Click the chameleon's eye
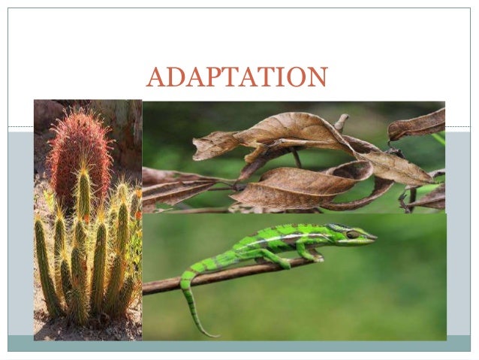point(352,234)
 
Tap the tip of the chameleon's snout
point(375,238)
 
